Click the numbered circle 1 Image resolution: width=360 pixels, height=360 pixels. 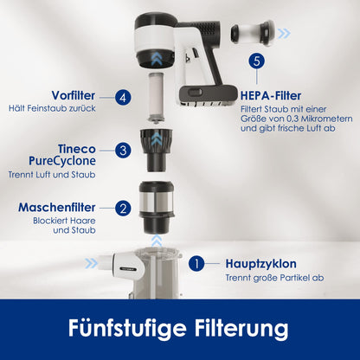tap(196, 264)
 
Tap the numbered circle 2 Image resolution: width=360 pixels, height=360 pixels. tap(123, 209)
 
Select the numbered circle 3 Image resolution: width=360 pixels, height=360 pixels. tap(123, 151)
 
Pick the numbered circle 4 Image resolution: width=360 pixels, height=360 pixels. tap(123, 98)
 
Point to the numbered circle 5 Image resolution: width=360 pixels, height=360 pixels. tap(256, 61)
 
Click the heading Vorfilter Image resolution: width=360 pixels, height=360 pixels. tap(74, 95)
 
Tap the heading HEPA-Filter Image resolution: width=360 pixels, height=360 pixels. tap(271, 96)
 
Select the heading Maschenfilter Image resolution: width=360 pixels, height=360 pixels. tap(57, 208)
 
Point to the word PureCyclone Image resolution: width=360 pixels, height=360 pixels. tap(62, 161)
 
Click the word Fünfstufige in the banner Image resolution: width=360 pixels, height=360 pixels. tap(127, 328)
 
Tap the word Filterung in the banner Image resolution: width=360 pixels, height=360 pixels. tap(241, 328)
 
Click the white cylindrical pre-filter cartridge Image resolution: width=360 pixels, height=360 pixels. tap(156, 97)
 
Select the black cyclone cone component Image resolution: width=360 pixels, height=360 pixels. tap(156, 150)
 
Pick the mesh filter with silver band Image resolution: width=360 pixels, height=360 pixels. tap(157, 207)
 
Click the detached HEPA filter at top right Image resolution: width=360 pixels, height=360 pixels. tap(252, 33)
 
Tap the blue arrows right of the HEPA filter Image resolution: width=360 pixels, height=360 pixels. tap(284, 34)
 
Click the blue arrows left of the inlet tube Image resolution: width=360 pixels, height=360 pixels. tap(91, 263)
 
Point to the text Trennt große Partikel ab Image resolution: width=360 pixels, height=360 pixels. tap(274, 278)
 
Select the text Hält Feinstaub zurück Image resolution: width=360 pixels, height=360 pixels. tap(52, 108)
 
